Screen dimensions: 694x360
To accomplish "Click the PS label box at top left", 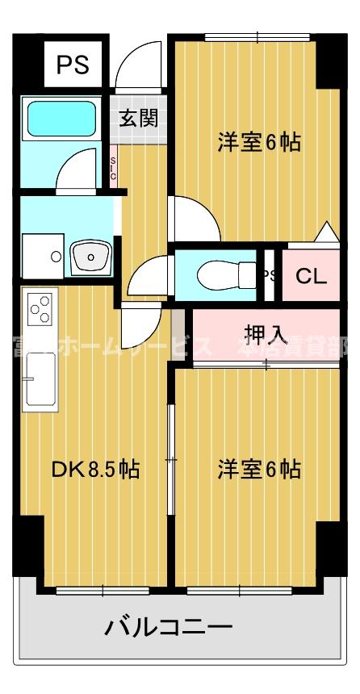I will [73, 65].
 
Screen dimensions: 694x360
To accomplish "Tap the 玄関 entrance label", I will [139, 119].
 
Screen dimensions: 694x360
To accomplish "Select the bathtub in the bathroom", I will [62, 119].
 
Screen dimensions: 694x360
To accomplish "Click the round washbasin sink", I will [91, 257].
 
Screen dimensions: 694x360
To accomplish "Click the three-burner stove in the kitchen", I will [40, 308].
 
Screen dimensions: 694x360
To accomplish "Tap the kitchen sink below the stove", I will [40, 379].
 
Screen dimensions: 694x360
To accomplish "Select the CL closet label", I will [311, 277].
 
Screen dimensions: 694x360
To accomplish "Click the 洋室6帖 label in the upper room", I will [259, 142].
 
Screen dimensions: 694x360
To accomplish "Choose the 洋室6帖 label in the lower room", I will [259, 469].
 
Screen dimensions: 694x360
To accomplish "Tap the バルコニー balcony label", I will [169, 627].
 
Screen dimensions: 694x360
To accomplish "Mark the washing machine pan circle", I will [55, 257].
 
